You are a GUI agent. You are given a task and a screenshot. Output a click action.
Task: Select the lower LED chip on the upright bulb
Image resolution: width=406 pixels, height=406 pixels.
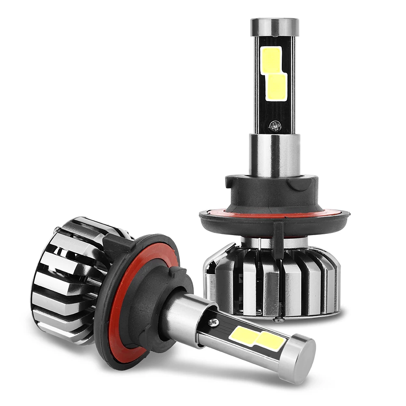coord(277,86)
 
